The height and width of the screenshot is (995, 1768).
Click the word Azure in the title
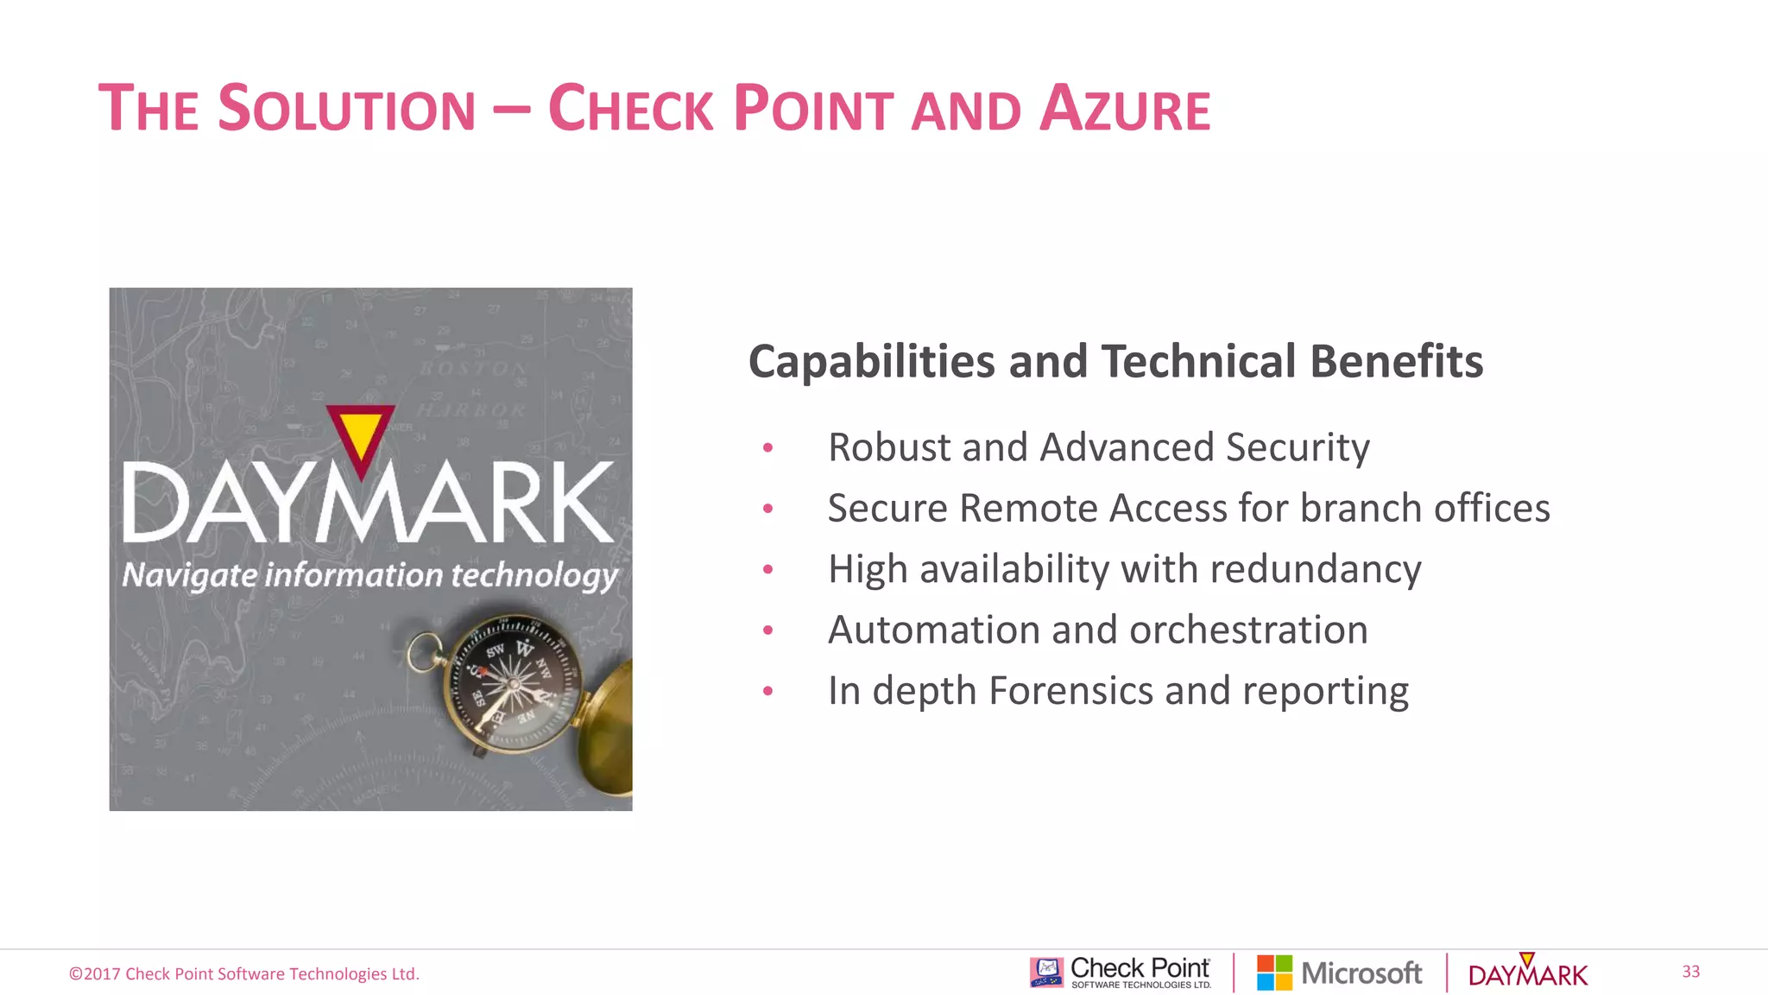pos(1124,110)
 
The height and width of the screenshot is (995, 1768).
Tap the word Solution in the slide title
pos(346,110)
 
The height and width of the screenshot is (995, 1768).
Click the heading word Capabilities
pos(871,362)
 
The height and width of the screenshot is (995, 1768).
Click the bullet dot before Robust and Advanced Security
pos(767,448)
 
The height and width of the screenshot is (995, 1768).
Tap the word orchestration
pos(1248,631)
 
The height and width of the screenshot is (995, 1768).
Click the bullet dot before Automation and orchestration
pos(767,631)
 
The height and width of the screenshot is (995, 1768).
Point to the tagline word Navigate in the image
pos(189,575)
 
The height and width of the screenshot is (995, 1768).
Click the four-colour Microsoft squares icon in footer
pos(1274,973)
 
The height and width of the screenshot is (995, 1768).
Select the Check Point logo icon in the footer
pos(1046,973)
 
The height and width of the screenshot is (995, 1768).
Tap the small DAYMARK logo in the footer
pos(1527,973)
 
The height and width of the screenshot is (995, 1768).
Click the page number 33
pos(1690,972)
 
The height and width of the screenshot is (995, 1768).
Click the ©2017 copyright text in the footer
pos(244,974)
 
